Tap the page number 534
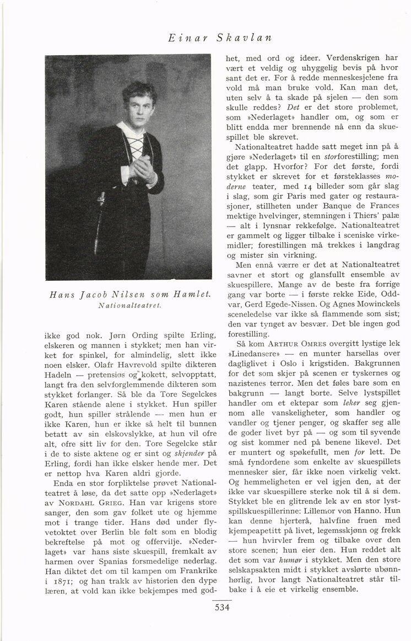click(222, 608)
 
